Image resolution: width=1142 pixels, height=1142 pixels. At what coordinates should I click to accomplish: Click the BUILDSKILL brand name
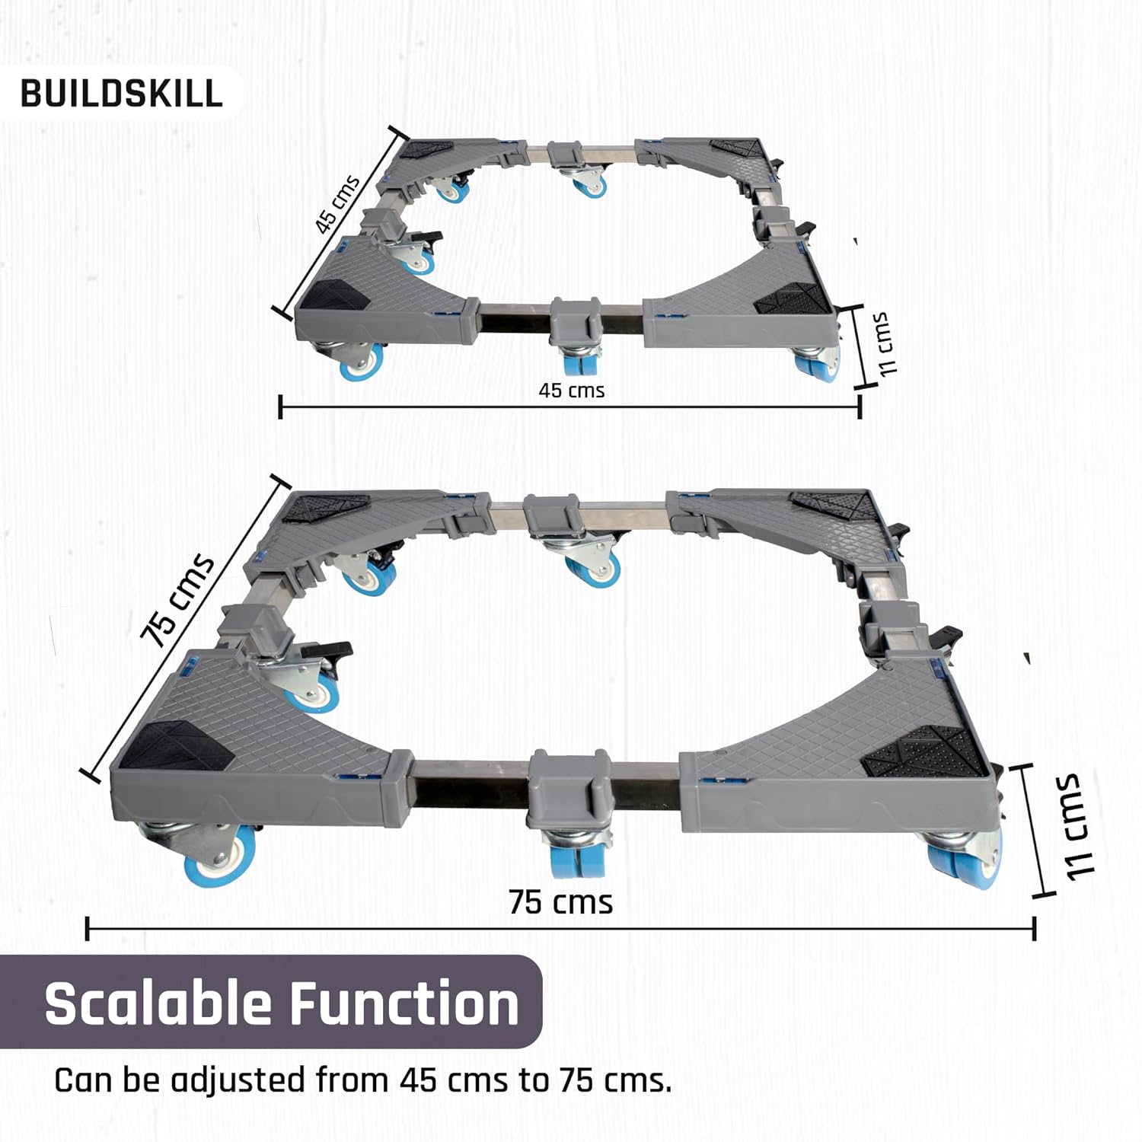(122, 93)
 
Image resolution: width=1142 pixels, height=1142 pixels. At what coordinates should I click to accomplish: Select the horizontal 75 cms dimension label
(561, 902)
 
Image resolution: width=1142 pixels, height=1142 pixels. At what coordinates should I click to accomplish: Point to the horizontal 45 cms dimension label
(571, 391)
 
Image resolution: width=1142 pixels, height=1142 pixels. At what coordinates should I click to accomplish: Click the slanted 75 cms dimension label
(177, 601)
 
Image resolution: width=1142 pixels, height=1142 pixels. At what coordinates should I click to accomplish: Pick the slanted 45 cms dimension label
(337, 204)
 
